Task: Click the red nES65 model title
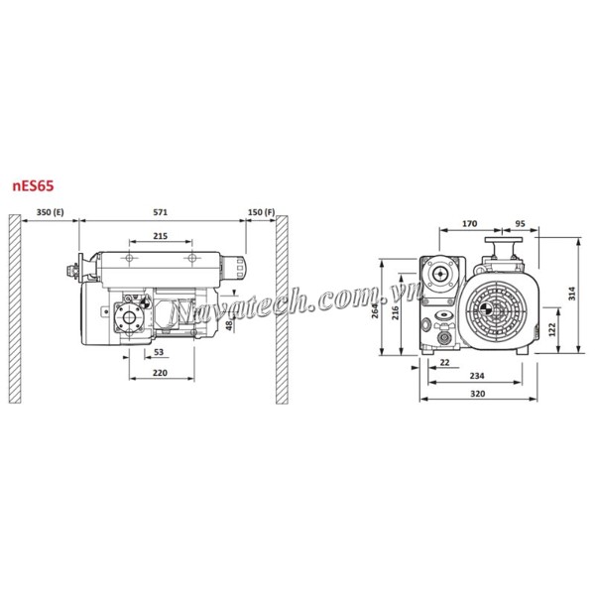tap(33, 186)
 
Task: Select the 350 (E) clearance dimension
tap(51, 212)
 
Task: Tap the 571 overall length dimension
tap(160, 212)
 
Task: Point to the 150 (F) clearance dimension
tap(261, 212)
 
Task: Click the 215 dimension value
tap(160, 236)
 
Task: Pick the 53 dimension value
tap(159, 352)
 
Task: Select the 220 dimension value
tap(160, 373)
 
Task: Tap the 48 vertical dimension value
tap(229, 325)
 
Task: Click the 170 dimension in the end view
tap(469, 223)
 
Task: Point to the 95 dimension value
tap(520, 223)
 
